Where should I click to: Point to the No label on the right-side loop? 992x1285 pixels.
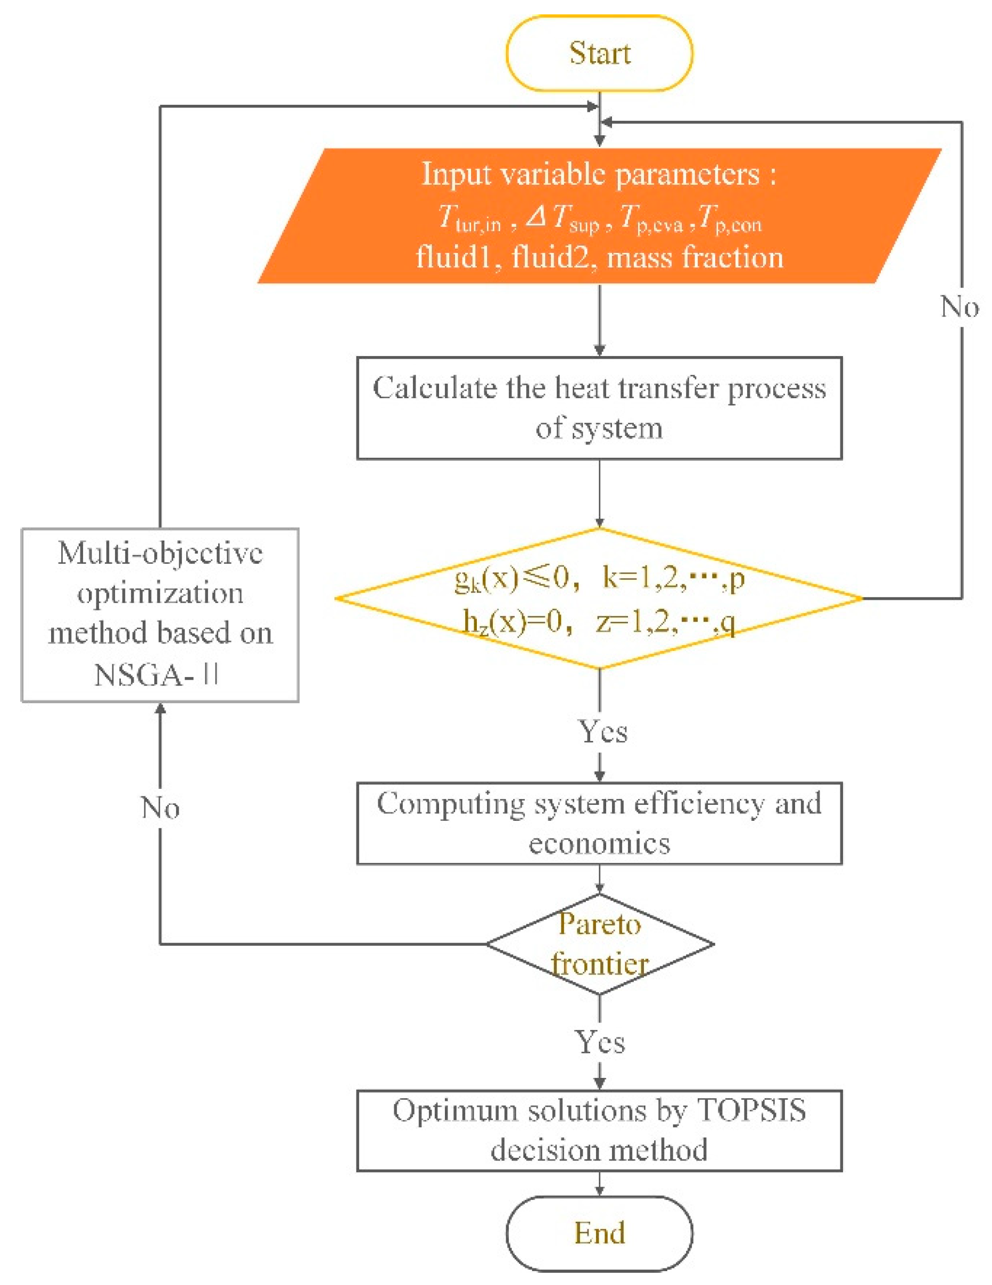point(960,307)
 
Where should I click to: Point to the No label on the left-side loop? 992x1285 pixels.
point(160,807)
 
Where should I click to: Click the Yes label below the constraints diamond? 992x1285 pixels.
point(603,732)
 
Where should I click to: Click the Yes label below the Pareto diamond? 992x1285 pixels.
point(600,1042)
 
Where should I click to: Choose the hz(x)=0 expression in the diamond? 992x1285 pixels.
point(512,621)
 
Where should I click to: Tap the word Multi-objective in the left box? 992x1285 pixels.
point(160,553)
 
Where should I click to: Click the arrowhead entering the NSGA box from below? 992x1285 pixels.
point(160,709)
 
